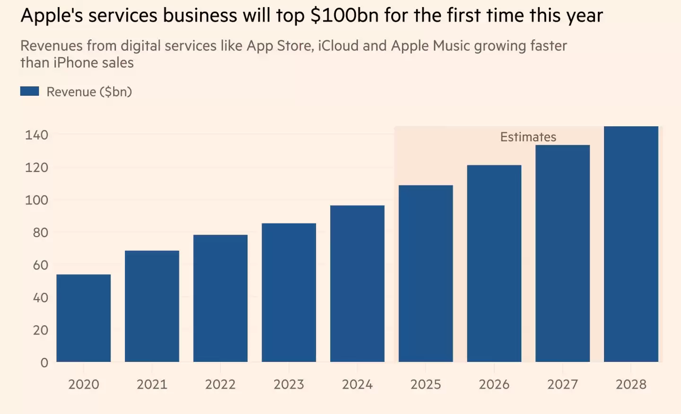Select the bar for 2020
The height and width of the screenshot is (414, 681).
point(84,318)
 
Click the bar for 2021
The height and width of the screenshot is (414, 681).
point(152,306)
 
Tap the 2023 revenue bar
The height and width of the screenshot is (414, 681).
point(289,292)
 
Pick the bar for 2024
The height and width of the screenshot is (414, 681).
point(357,283)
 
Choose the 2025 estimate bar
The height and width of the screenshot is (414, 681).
point(426,273)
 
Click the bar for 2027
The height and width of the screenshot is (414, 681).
point(562,253)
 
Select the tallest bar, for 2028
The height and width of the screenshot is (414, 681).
point(631,244)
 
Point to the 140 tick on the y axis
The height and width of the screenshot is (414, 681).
point(36,135)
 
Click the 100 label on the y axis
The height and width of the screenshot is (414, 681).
point(36,200)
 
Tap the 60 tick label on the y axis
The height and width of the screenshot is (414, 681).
point(40,265)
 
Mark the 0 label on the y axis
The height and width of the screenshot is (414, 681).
point(44,363)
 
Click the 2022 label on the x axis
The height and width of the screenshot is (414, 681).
point(220,384)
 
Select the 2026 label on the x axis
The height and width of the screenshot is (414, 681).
point(494,384)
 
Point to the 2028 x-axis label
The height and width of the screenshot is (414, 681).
point(631,384)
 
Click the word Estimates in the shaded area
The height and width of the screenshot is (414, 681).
point(528,137)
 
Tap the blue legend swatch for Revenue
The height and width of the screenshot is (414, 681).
point(29,91)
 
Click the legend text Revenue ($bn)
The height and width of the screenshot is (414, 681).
point(89,92)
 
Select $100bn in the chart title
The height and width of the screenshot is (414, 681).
point(345,16)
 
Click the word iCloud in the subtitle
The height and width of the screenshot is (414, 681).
point(339,46)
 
